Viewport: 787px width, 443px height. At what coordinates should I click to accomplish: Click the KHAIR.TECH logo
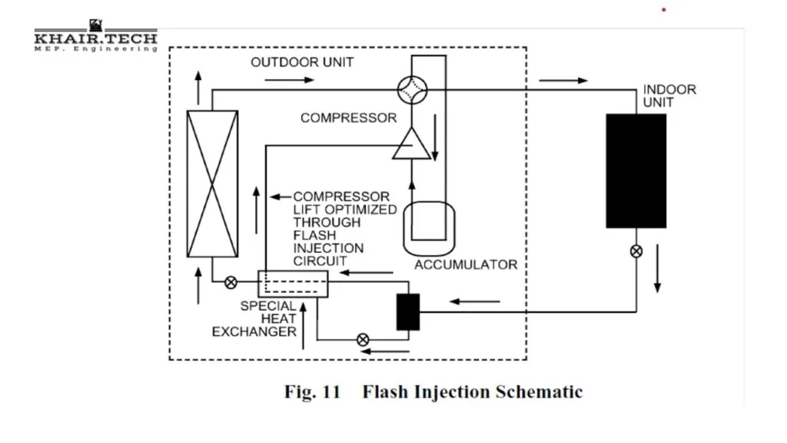[x=95, y=38]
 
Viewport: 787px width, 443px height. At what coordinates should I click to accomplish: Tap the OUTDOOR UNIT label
[x=302, y=62]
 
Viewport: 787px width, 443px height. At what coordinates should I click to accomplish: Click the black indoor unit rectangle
[x=636, y=171]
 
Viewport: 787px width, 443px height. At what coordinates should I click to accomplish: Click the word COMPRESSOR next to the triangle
[x=348, y=118]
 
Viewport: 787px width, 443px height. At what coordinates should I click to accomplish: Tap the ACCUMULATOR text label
[x=466, y=265]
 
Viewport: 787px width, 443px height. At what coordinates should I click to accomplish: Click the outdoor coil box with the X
[x=212, y=183]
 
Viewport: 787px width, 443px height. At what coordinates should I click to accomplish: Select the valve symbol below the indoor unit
[x=636, y=251]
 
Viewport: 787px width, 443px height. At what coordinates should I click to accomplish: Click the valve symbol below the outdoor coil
[x=230, y=282]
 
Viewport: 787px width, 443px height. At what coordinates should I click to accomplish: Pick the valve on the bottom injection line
[x=364, y=339]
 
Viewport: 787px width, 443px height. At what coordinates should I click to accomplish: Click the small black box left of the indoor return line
[x=408, y=311]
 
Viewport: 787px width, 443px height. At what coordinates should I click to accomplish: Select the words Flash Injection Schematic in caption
[x=472, y=392]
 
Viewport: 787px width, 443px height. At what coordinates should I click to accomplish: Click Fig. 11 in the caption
[x=312, y=392]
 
